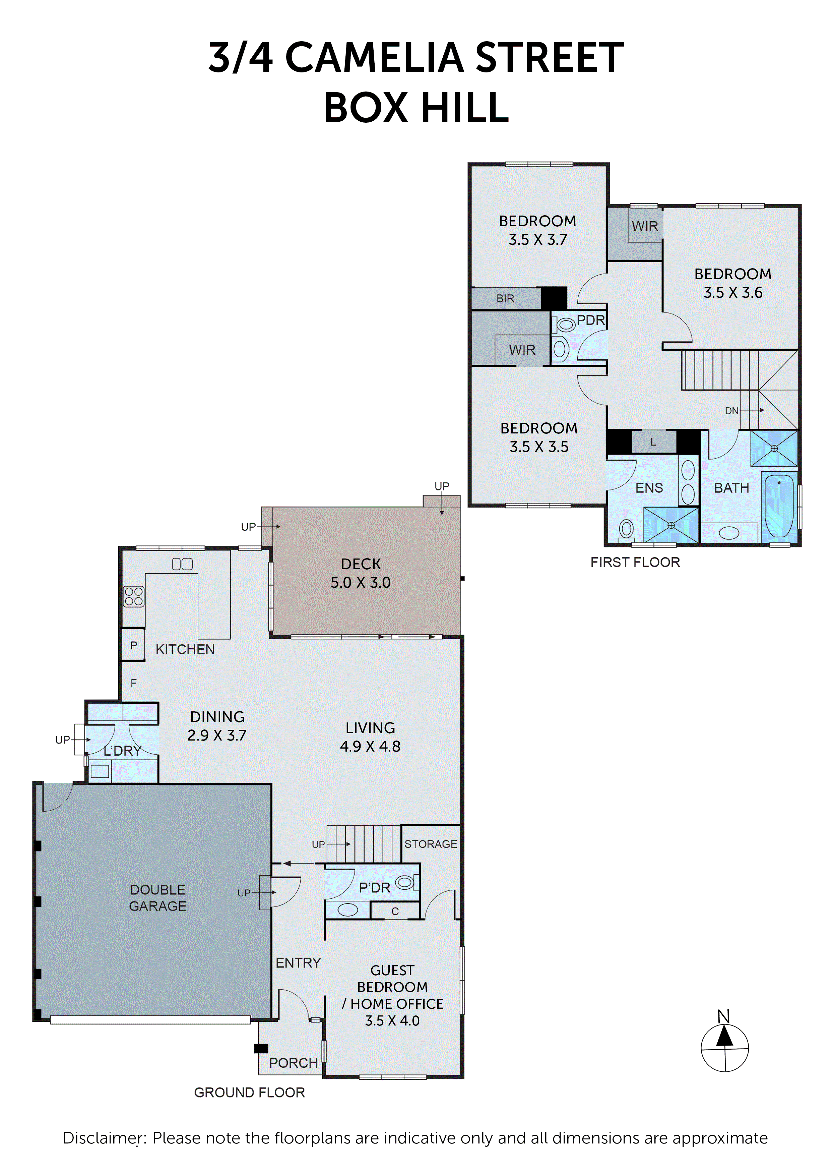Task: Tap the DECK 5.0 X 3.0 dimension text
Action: (361, 582)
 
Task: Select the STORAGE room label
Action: (430, 843)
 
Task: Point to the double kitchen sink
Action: (182, 564)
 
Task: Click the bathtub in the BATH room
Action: (779, 505)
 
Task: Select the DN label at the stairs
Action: (731, 411)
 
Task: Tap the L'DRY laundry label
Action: (122, 751)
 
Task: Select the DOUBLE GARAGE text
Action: (158, 897)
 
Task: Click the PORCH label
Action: (294, 1063)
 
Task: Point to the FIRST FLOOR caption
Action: (635, 563)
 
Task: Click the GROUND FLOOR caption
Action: (249, 1093)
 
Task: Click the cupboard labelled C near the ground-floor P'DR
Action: (395, 911)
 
